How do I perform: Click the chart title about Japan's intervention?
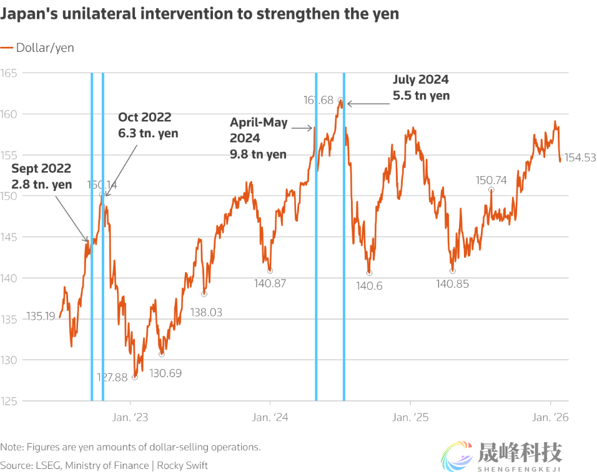tap(200, 14)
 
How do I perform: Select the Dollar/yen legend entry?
tap(37, 47)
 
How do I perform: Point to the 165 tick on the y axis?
tap(9, 73)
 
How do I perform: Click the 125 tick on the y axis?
tap(9, 401)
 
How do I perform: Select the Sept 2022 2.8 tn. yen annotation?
tap(42, 176)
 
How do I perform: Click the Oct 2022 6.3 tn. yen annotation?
tap(148, 125)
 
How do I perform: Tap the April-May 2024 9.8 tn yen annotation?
tap(259, 138)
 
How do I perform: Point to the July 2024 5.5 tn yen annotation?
tap(421, 88)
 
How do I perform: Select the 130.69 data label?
tap(165, 373)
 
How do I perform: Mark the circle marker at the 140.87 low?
tap(270, 270)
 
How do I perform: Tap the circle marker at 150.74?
tap(491, 189)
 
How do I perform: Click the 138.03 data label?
tap(207, 312)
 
